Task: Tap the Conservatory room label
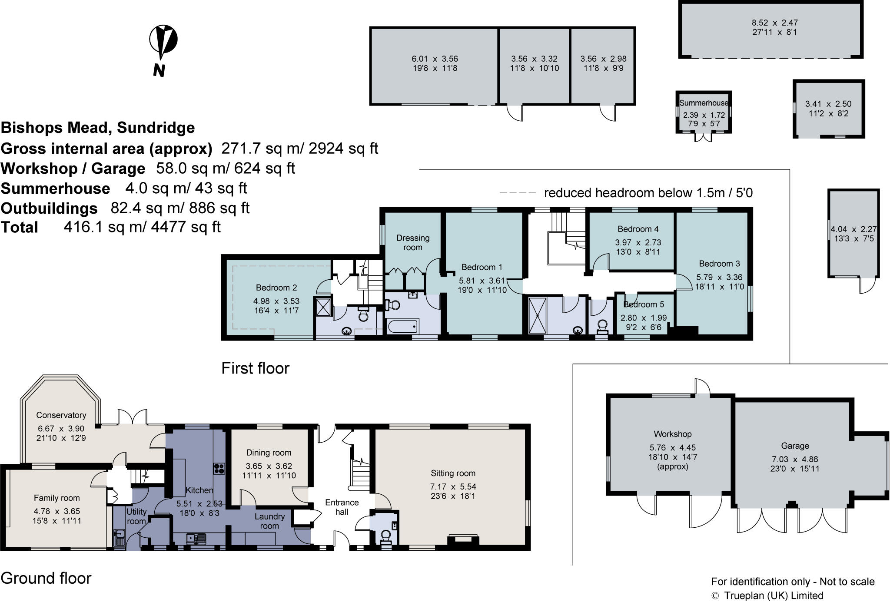click(61, 415)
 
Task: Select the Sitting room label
click(453, 473)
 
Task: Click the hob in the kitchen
click(219, 468)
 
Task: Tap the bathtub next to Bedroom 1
click(402, 326)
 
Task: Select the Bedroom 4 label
click(638, 229)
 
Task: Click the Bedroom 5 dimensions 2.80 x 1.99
click(643, 318)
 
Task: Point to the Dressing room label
click(412, 242)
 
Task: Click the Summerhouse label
click(704, 103)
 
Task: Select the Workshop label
click(672, 434)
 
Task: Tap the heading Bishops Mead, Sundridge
click(98, 128)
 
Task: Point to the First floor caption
click(255, 368)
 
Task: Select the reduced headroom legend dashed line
click(518, 192)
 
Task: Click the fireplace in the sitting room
click(463, 539)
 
